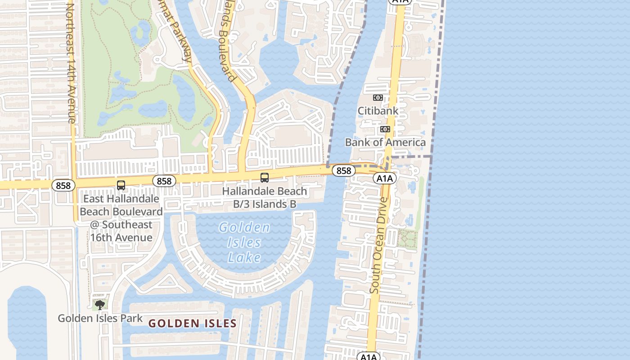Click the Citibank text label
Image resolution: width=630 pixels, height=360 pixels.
pyautogui.click(x=378, y=110)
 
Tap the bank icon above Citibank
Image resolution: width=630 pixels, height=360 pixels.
pyautogui.click(x=378, y=98)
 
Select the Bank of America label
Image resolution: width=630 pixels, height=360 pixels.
pyautogui.click(x=385, y=142)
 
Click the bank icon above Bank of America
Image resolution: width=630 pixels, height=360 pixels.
pyautogui.click(x=385, y=129)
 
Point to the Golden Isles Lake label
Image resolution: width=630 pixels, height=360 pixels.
pyautogui.click(x=245, y=242)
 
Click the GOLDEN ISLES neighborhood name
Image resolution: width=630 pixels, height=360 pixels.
pyautogui.click(x=192, y=323)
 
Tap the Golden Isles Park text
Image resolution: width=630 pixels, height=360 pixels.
pyautogui.click(x=100, y=318)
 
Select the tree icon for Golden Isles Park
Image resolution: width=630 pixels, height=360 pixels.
pyautogui.click(x=99, y=305)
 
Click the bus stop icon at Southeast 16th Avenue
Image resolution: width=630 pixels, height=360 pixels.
pyautogui.click(x=121, y=185)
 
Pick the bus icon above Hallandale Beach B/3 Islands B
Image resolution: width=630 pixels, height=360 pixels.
pyautogui.click(x=265, y=178)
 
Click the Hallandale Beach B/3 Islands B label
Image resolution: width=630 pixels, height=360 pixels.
pyautogui.click(x=265, y=198)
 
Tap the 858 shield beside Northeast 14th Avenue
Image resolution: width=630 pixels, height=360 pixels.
pyautogui.click(x=63, y=185)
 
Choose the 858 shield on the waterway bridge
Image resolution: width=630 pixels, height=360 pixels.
pyautogui.click(x=343, y=171)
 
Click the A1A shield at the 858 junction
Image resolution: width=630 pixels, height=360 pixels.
pyautogui.click(x=384, y=178)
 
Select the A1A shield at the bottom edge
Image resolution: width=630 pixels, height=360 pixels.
pyautogui.click(x=369, y=357)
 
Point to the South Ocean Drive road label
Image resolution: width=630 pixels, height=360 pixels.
pyautogui.click(x=378, y=245)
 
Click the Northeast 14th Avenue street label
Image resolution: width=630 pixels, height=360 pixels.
pyautogui.click(x=71, y=63)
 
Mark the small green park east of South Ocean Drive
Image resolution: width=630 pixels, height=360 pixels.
pyautogui.click(x=407, y=238)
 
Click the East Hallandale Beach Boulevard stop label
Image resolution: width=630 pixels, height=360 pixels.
pyautogui.click(x=121, y=218)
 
